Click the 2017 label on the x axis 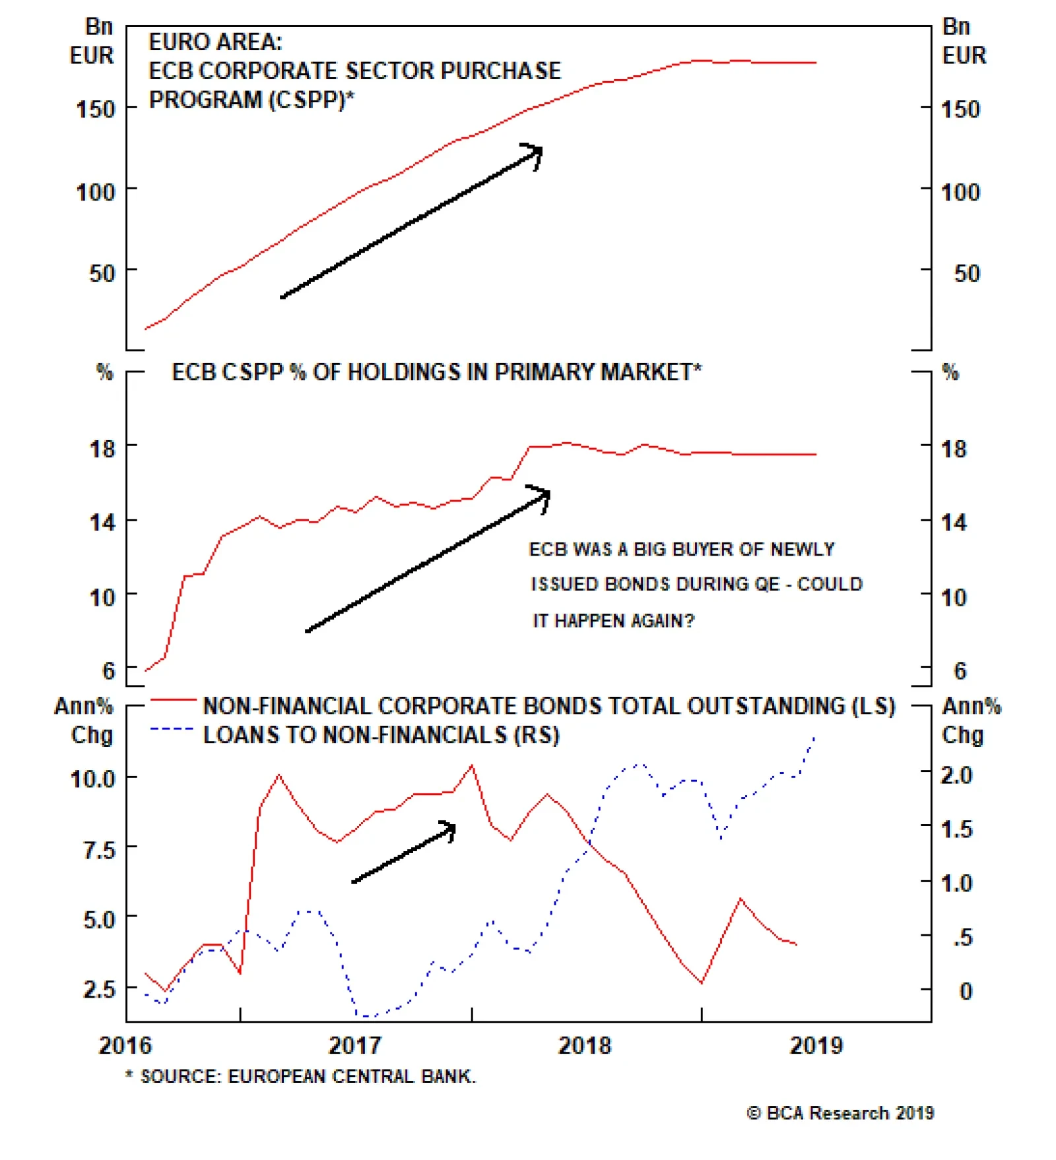(x=354, y=1045)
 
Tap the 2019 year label (x=816, y=1045)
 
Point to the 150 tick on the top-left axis (x=96, y=109)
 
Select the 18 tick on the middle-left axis (x=102, y=449)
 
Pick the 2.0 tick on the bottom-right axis (x=956, y=775)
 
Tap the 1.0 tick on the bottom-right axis (x=956, y=883)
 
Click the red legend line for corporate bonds (x=173, y=699)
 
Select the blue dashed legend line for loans (x=172, y=729)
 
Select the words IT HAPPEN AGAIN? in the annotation (x=613, y=621)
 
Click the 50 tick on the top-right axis (x=966, y=273)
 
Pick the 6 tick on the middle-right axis (x=960, y=671)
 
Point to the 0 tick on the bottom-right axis (x=965, y=991)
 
